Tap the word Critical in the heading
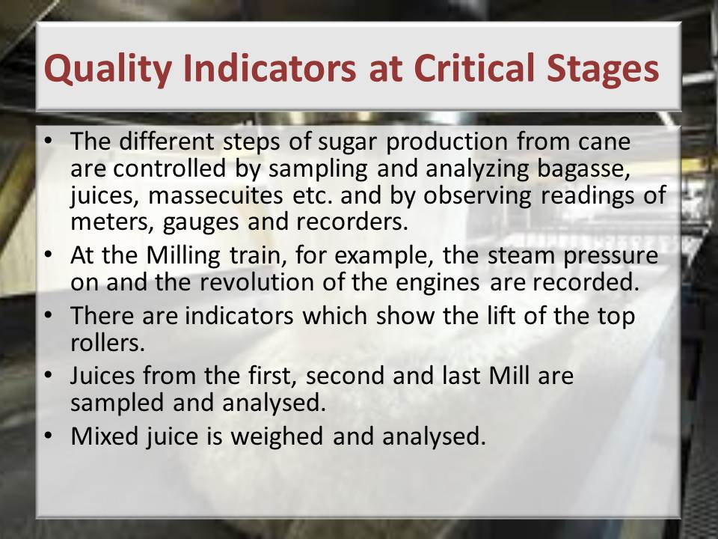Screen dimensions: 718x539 tap(474, 67)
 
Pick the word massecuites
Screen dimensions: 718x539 tap(215, 195)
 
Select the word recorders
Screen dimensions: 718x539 tap(352, 222)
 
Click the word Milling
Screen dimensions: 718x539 tap(183, 255)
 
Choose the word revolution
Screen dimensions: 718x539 tap(257, 282)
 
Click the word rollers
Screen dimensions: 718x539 tap(108, 342)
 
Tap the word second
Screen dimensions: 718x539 tap(346, 375)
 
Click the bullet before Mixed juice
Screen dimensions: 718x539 tap(49, 436)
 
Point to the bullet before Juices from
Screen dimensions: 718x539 tap(49, 375)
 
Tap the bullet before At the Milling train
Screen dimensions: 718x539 tap(49, 255)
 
